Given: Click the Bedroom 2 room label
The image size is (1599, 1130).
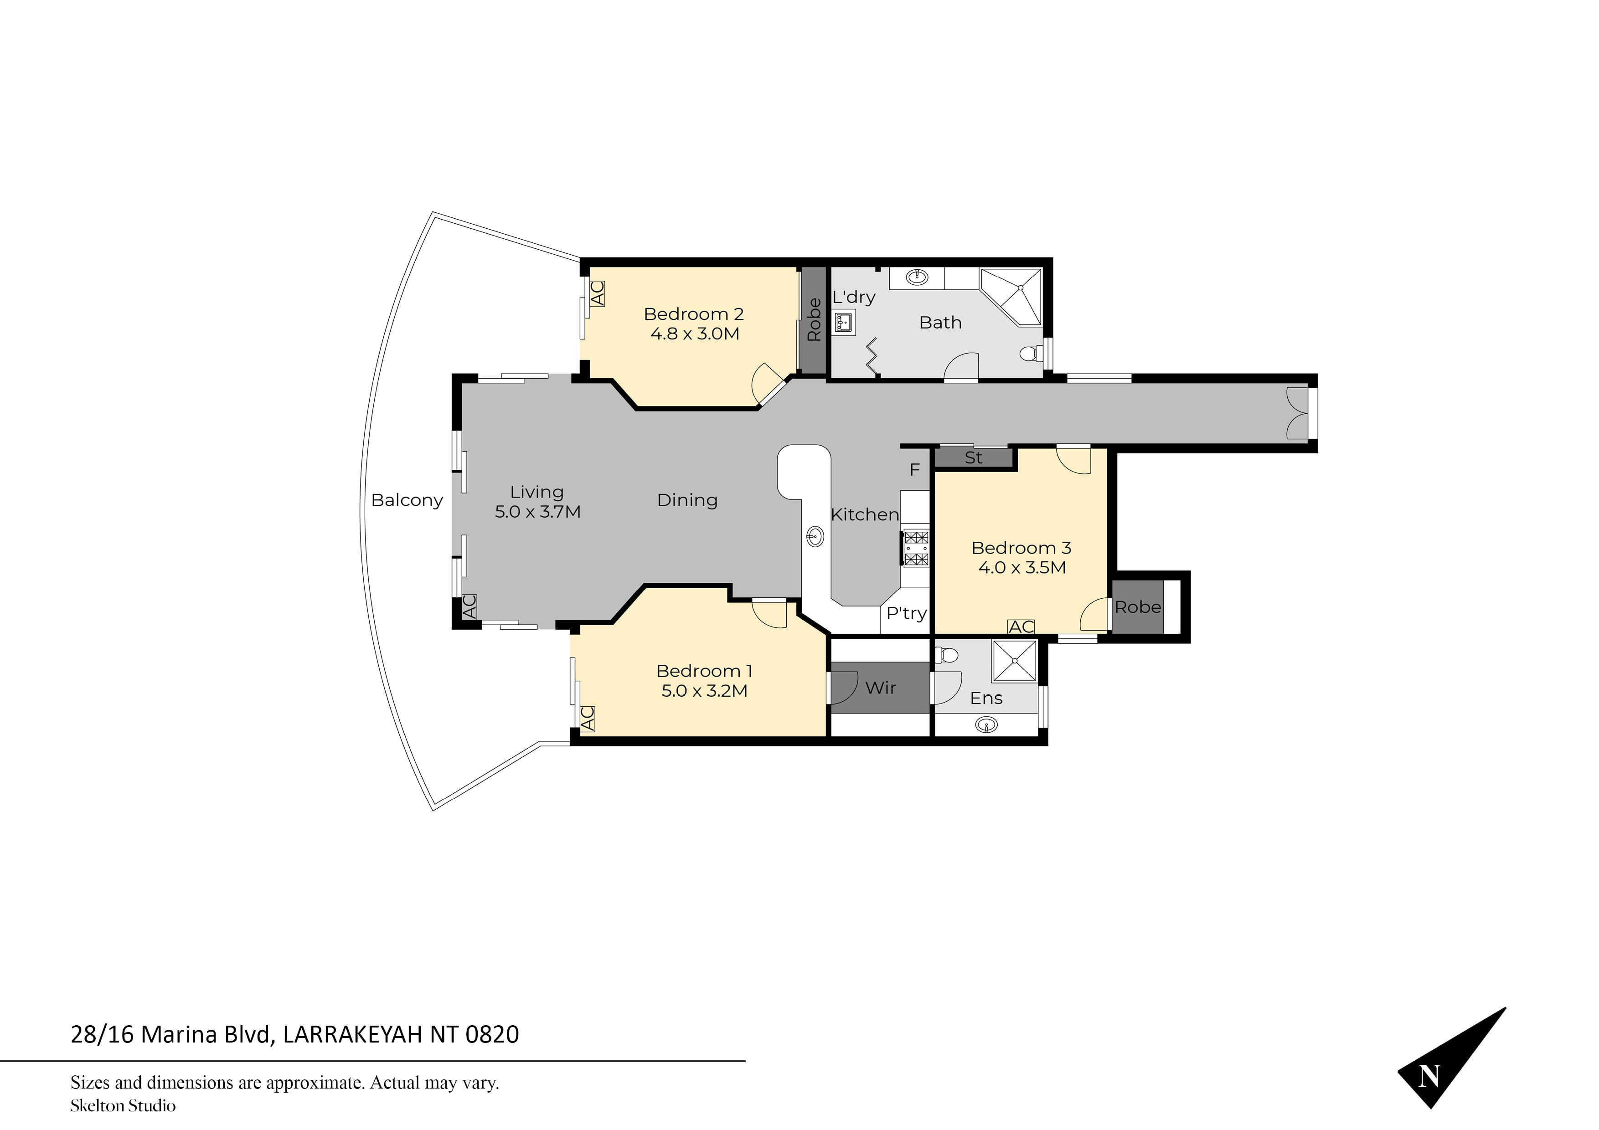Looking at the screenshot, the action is (694, 314).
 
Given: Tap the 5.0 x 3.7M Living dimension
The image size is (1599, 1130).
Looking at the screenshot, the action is (538, 512).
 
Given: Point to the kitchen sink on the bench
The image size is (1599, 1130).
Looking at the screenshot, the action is (815, 536).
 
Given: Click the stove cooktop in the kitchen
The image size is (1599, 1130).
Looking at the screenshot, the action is (916, 548).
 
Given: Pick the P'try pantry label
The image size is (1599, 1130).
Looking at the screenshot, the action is (906, 613).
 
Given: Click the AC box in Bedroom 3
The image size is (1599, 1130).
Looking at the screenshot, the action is (1021, 627).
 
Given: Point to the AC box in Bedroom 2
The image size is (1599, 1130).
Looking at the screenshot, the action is (597, 293).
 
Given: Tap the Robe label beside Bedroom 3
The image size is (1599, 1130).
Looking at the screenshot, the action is (1138, 607).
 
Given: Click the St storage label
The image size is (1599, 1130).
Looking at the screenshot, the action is (974, 458).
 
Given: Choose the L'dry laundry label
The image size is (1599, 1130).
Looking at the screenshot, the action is (854, 297).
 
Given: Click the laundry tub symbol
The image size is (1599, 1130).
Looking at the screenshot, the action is (845, 322).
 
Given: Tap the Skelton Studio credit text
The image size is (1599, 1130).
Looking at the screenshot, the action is (123, 1106).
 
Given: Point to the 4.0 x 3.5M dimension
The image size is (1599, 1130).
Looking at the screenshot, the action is (1021, 567).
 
